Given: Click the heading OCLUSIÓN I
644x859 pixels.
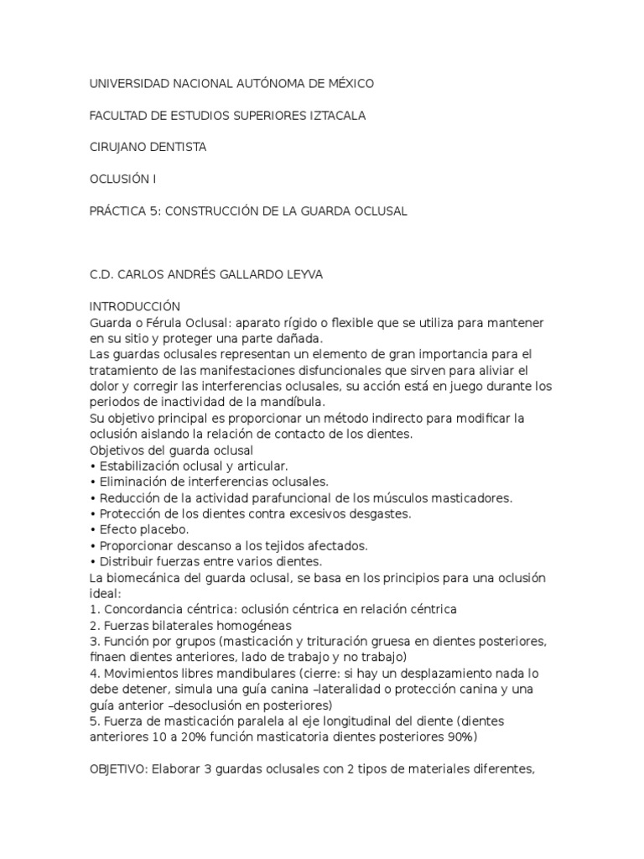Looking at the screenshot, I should [x=122, y=180].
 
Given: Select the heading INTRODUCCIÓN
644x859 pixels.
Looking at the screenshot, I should [x=134, y=306].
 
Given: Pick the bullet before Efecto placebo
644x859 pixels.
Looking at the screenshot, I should [x=92, y=529].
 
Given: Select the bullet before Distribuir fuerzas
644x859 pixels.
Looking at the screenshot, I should [x=92, y=561].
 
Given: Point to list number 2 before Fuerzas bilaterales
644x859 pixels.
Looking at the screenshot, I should [x=93, y=625].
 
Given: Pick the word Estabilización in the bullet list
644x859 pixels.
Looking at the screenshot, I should [x=143, y=466].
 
